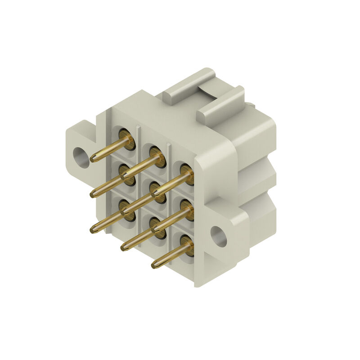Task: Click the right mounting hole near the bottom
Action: pos(219,236)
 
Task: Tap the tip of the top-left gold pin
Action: pos(93,159)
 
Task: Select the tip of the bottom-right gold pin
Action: pos(154,265)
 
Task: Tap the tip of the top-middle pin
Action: pos(124,175)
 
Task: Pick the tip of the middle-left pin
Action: pos(93,194)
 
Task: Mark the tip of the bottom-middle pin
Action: pos(124,247)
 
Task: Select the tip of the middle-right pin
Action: pos(154,230)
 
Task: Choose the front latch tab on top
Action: pos(220,106)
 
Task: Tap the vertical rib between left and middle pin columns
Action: pos(139,135)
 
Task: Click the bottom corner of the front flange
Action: pos(198,283)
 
